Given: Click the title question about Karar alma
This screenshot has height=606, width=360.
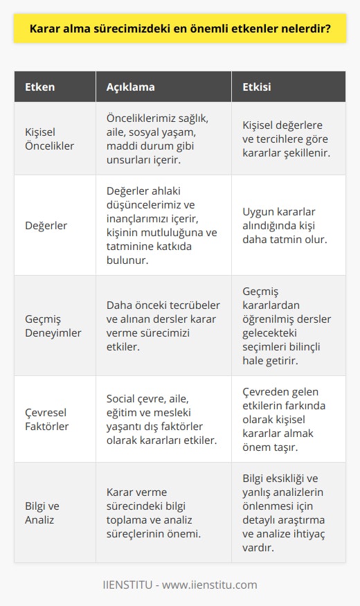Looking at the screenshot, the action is click(x=179, y=30).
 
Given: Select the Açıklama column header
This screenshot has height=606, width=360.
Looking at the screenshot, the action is click(x=130, y=88).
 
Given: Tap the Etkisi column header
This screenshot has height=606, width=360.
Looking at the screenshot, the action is click(x=258, y=88).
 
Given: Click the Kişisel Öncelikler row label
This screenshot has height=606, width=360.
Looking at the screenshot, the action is click(x=50, y=139).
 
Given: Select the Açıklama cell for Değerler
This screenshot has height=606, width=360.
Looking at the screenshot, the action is click(x=161, y=225).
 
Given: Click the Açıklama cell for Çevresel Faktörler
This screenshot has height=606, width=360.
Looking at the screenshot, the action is click(x=161, y=419).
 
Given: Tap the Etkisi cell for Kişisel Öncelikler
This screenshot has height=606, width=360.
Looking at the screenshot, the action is click(x=286, y=139).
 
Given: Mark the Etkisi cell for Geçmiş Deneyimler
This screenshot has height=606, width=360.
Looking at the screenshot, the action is click(x=286, y=326).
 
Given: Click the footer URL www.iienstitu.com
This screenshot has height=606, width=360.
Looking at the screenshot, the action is click(x=214, y=585).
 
